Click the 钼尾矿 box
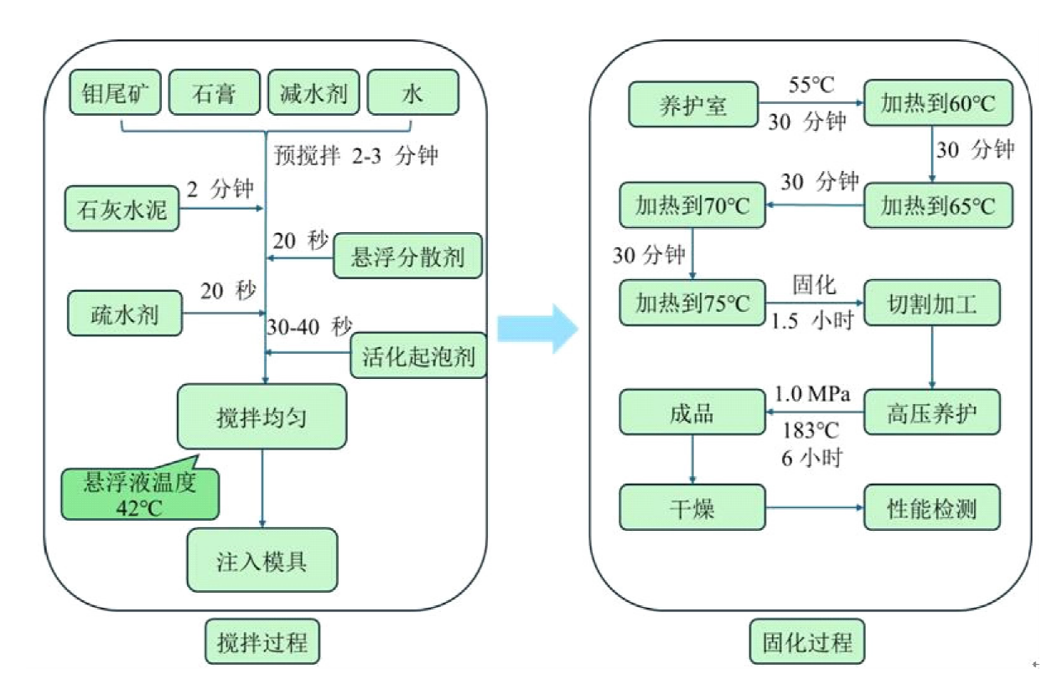pyautogui.click(x=115, y=92)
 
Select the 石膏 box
pyautogui.click(x=215, y=92)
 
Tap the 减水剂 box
pyautogui.click(x=314, y=92)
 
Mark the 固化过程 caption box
pyautogui.click(x=806, y=643)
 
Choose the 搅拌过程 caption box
pyautogui.click(x=262, y=643)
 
